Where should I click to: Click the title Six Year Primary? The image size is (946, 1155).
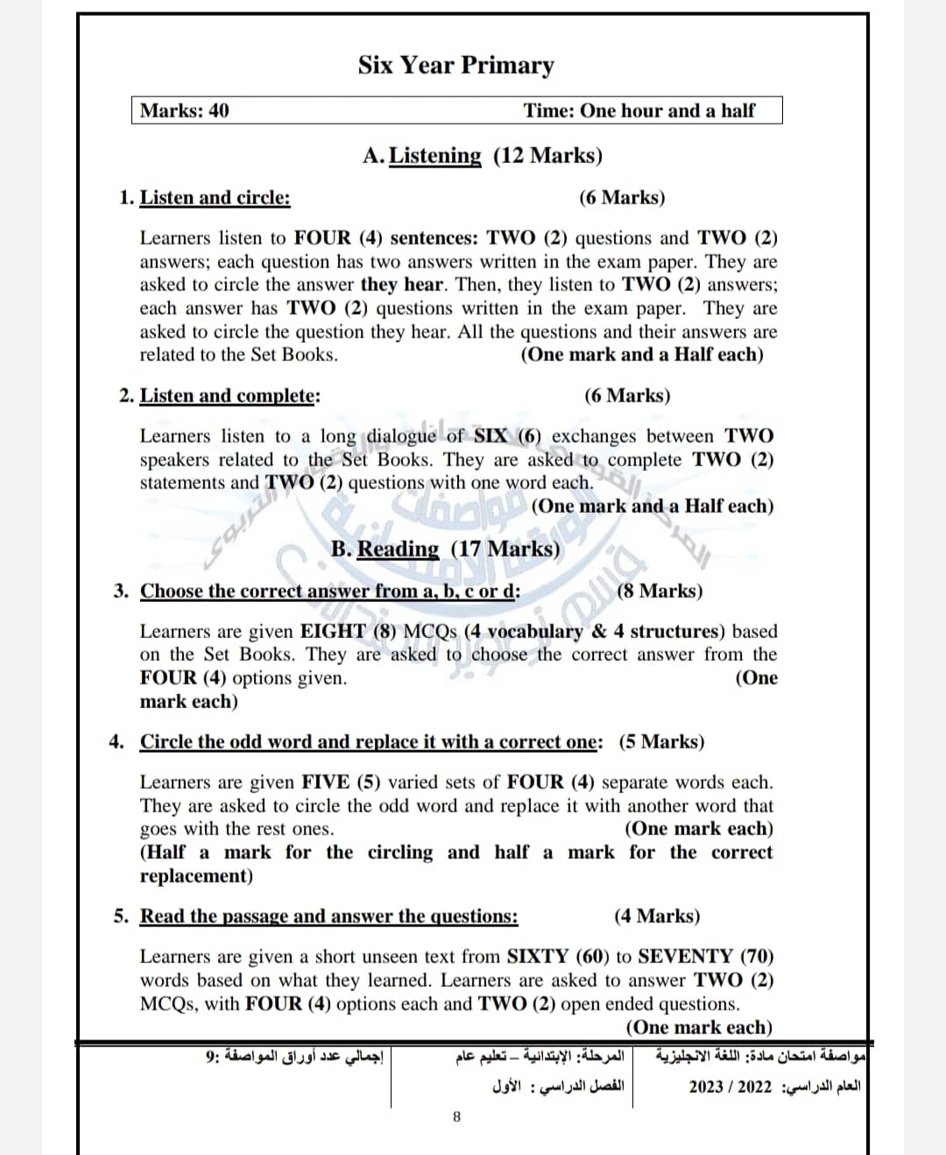(455, 66)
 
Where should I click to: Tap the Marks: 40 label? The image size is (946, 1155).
(185, 110)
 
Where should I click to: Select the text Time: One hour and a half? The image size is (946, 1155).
(639, 110)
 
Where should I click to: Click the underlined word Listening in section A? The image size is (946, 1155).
(434, 156)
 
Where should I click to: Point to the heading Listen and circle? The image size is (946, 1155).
(215, 197)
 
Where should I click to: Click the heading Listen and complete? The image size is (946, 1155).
(229, 395)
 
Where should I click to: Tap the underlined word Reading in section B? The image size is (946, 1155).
(398, 549)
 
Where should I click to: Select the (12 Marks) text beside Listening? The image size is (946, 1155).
(548, 156)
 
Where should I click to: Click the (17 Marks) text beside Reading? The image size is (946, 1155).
(505, 549)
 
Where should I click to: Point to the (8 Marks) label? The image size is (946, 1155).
(660, 591)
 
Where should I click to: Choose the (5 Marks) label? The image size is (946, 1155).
(661, 741)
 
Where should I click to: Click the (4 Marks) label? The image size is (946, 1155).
(657, 916)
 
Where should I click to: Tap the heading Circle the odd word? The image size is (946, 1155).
(371, 741)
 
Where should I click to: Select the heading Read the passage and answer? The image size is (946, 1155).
(328, 916)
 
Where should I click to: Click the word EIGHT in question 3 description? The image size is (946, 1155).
(333, 631)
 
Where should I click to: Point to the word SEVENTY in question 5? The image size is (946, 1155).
(685, 956)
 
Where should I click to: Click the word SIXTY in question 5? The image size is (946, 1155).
(539, 956)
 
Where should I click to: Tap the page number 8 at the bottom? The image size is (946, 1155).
(456, 1116)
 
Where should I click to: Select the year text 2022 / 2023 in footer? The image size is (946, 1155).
(731, 1087)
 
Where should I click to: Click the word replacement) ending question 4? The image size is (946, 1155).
(196, 875)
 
